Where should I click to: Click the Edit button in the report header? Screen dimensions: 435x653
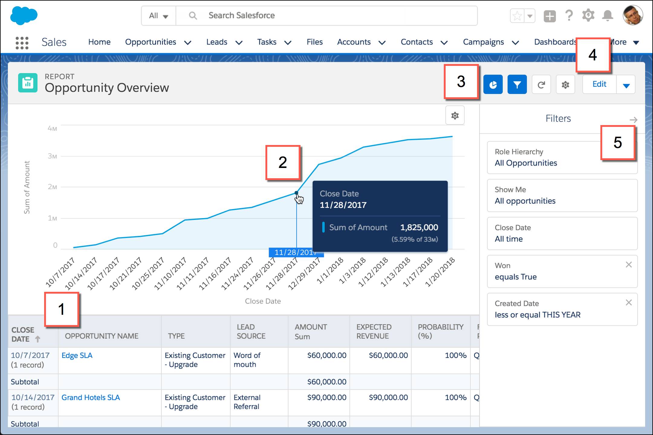(599, 84)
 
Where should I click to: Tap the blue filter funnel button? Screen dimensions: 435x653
(517, 85)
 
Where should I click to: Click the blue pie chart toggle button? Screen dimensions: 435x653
(493, 85)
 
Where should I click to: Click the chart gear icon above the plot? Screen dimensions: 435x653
(455, 115)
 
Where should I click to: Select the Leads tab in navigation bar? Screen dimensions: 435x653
(217, 42)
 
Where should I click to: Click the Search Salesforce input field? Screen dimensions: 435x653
(326, 15)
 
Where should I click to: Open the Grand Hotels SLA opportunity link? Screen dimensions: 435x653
(91, 397)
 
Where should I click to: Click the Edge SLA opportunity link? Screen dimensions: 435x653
(77, 355)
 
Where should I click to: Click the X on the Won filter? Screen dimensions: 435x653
(629, 265)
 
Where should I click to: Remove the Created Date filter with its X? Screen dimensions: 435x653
(629, 303)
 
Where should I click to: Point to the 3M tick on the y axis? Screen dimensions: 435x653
(52, 156)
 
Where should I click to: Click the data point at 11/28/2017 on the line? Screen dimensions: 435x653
(296, 192)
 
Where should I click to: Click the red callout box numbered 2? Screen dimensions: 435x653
(283, 163)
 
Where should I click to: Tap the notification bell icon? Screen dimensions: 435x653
(607, 15)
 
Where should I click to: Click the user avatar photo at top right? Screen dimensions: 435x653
(632, 15)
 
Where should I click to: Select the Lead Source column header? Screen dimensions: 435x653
(251, 331)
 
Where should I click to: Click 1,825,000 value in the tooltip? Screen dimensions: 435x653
(419, 227)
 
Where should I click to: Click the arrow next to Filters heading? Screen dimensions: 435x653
(633, 120)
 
